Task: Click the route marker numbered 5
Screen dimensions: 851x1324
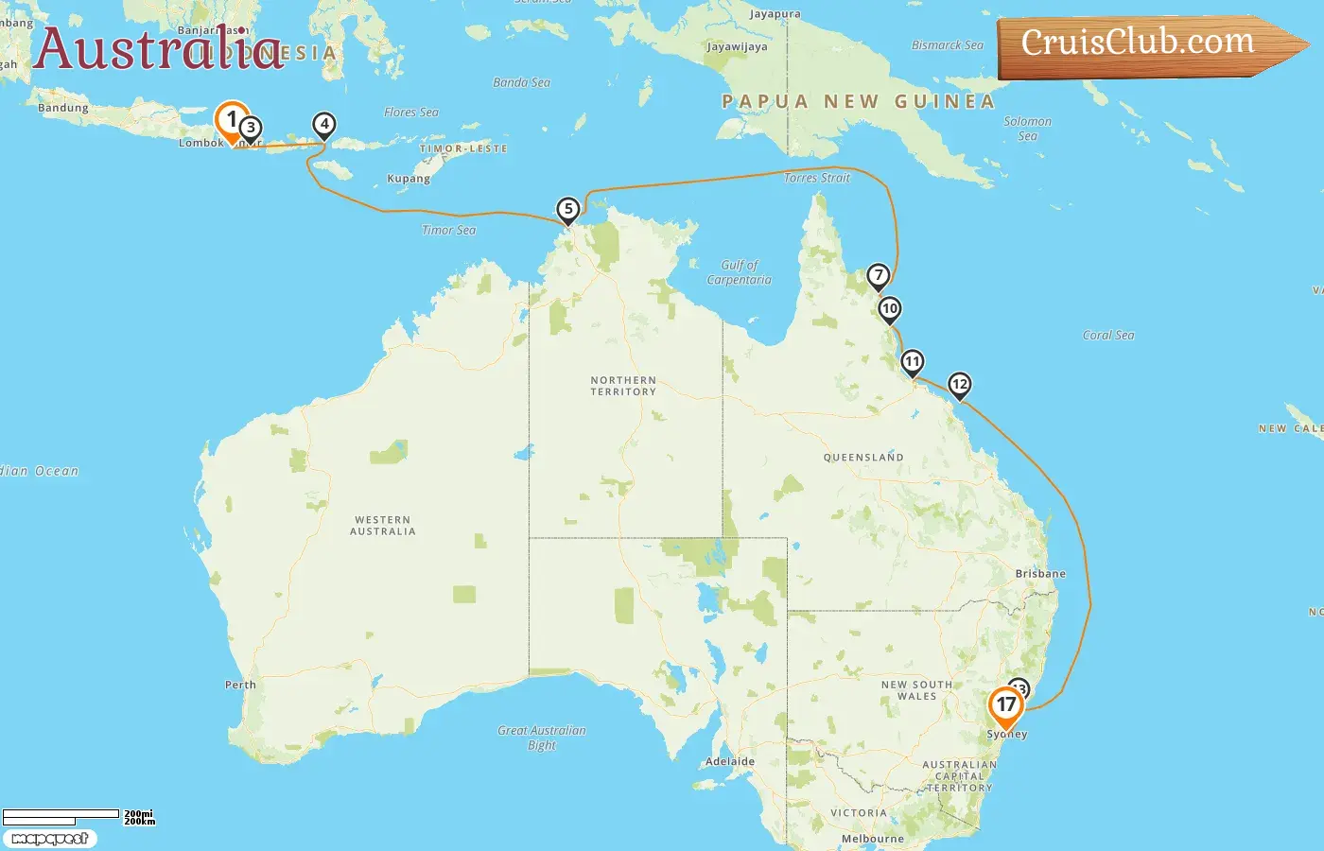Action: point(567,210)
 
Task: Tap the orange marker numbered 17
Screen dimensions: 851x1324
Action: point(1005,705)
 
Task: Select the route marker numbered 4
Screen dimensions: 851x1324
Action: point(324,124)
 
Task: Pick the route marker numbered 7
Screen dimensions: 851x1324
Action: point(879,276)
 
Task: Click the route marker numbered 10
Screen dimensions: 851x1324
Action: point(889,309)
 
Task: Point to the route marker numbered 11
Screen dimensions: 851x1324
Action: point(912,362)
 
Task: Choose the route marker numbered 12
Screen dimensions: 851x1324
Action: point(960,384)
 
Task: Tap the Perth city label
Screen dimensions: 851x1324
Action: point(240,685)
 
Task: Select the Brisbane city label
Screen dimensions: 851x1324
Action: point(1040,574)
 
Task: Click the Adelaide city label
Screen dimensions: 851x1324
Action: point(730,761)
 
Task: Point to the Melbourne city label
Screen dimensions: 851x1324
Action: point(873,839)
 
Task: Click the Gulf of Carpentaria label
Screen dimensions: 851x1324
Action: point(739,272)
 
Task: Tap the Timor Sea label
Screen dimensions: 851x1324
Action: point(449,230)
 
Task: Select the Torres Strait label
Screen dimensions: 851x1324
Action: point(817,178)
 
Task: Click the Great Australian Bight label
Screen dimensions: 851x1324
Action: point(542,738)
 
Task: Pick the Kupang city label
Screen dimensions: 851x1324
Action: point(409,179)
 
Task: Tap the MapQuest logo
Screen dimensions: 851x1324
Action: point(50,839)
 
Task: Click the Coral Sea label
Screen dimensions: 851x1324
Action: point(1108,335)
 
